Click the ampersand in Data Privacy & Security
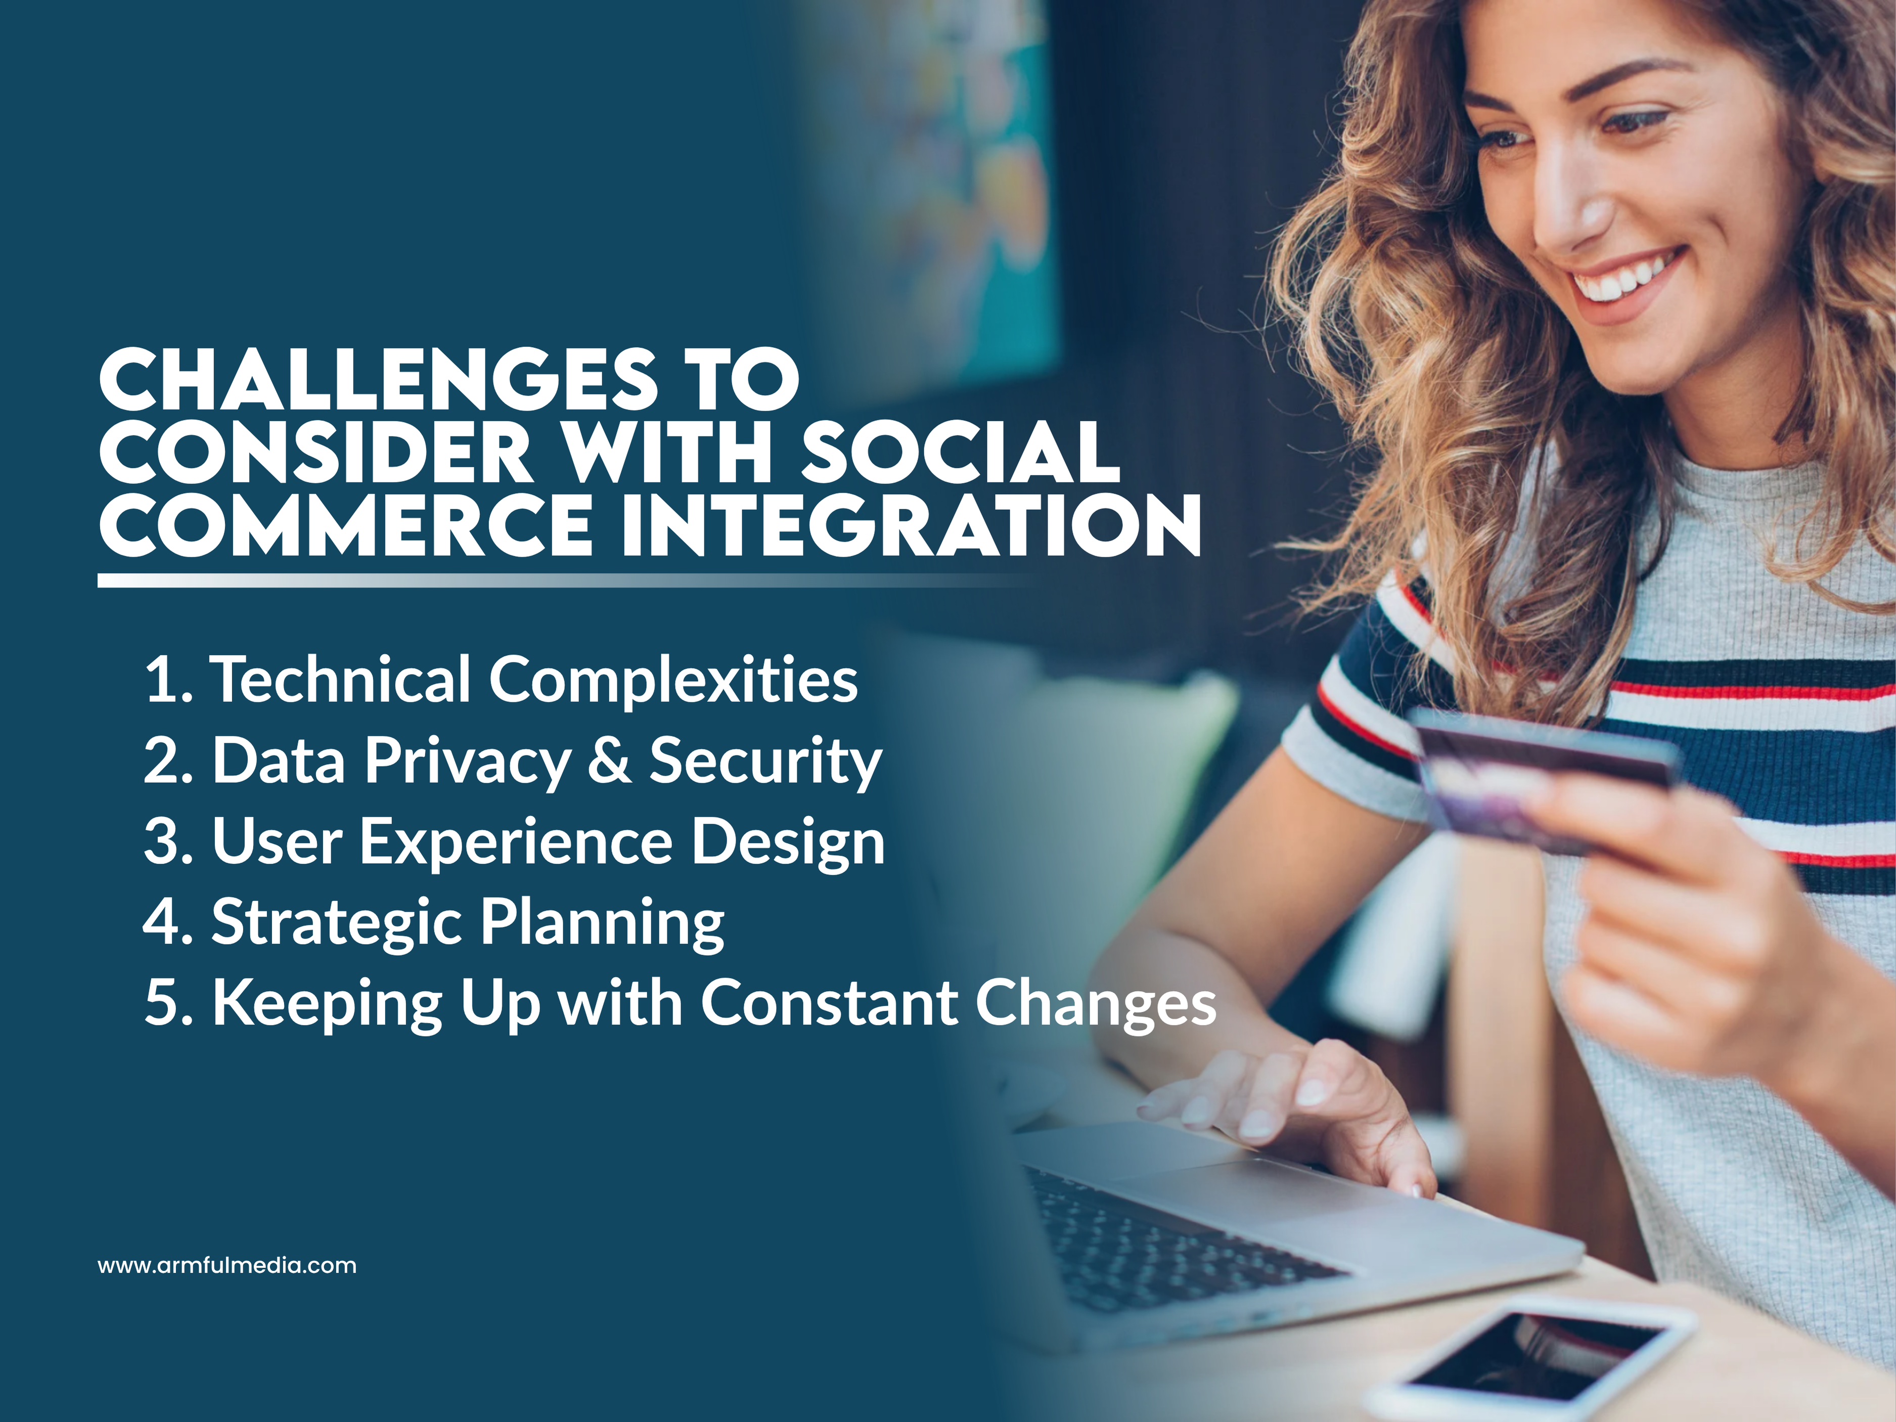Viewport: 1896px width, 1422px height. point(609,760)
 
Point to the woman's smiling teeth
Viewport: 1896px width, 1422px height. point(1620,279)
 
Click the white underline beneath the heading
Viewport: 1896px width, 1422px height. point(514,581)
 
